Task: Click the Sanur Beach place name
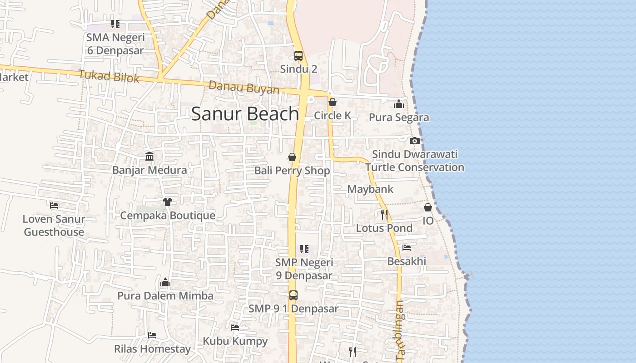pyautogui.click(x=245, y=113)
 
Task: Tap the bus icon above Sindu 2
pyautogui.click(x=298, y=56)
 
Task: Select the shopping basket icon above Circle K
pyautogui.click(x=333, y=103)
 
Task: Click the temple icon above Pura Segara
pyautogui.click(x=399, y=104)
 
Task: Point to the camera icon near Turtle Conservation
pyautogui.click(x=415, y=141)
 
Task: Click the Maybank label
pyautogui.click(x=370, y=189)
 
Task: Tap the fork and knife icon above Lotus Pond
pyautogui.click(x=384, y=214)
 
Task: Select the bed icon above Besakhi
pyautogui.click(x=407, y=248)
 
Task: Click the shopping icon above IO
pyautogui.click(x=428, y=207)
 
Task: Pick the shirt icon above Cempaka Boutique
pyautogui.click(x=167, y=201)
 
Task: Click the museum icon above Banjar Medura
pyautogui.click(x=149, y=157)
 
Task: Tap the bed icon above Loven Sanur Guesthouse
pyautogui.click(x=54, y=205)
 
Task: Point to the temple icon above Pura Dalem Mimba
pyautogui.click(x=165, y=282)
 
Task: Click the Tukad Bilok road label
pyautogui.click(x=109, y=76)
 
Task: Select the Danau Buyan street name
pyautogui.click(x=244, y=87)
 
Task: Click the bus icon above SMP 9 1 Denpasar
pyautogui.click(x=293, y=295)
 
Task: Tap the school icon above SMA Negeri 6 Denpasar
pyautogui.click(x=115, y=24)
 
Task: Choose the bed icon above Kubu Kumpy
pyautogui.click(x=235, y=327)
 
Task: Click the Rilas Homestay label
pyautogui.click(x=152, y=349)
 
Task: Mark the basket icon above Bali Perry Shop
pyautogui.click(x=292, y=157)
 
